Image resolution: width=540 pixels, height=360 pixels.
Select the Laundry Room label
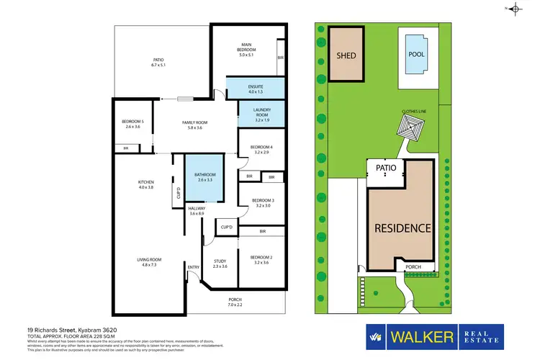[x=261, y=113]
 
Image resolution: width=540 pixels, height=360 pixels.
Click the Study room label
[x=220, y=263]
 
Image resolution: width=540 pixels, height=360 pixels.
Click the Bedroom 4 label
[x=261, y=149]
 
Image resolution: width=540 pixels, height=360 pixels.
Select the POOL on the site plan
[x=416, y=54]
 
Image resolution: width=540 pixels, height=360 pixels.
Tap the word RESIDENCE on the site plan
[x=402, y=228]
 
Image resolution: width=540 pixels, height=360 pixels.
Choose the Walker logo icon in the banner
[x=374, y=336]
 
